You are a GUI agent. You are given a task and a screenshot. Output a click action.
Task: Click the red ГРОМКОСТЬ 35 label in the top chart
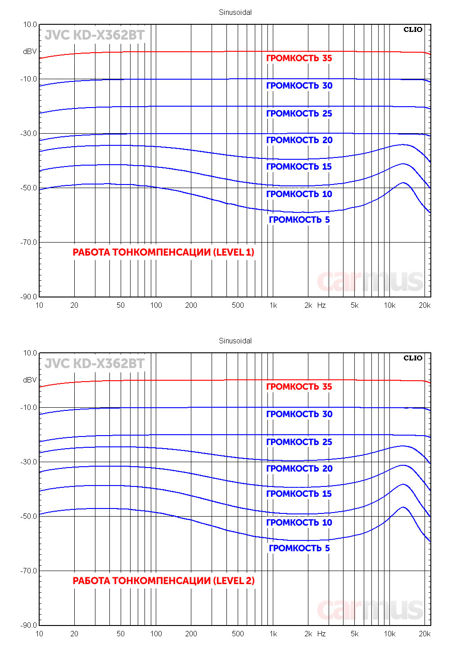299,58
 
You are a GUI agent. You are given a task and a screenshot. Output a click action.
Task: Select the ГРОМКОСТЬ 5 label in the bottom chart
299,548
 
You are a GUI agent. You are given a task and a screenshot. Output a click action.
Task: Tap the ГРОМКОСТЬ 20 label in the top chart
299,140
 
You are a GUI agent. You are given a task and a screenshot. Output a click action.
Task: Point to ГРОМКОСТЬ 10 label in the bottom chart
299,522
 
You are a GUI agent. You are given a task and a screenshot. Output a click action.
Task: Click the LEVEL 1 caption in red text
163,252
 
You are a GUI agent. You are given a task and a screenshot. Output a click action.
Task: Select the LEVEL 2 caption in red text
163,581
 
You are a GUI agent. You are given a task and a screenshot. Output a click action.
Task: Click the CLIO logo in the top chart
412,30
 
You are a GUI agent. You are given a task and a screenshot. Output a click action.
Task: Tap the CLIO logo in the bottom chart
412,358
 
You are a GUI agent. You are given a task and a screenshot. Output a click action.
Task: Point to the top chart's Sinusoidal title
235,13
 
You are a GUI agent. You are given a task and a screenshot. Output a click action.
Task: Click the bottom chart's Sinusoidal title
235,341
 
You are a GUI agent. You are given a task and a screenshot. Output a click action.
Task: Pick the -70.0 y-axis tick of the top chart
28,242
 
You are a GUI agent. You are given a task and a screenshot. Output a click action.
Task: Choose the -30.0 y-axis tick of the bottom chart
28,462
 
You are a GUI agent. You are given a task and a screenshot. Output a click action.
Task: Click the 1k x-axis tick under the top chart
273,305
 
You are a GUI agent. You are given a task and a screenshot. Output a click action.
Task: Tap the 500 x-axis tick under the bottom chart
238,634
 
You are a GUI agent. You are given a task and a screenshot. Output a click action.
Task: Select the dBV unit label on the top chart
30,52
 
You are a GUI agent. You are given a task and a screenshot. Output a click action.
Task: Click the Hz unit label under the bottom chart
321,634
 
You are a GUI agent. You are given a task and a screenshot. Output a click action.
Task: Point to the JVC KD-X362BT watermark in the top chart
95,35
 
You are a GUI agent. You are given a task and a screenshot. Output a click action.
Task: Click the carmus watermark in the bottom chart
370,610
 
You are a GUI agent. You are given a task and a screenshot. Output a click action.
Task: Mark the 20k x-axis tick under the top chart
425,305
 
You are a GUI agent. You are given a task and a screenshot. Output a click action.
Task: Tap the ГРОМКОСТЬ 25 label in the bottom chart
299,442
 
